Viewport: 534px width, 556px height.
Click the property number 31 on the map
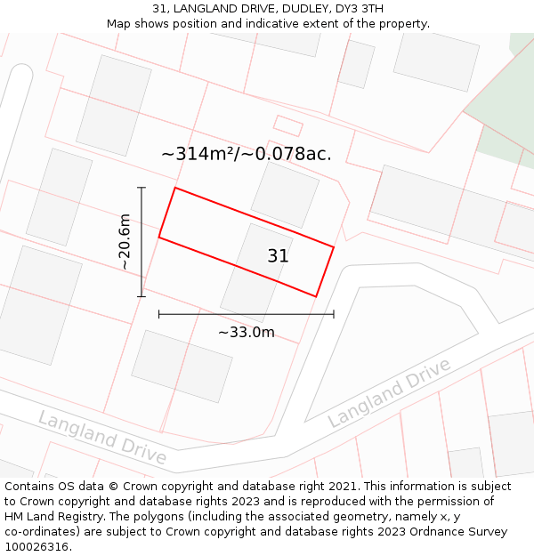pos(278,256)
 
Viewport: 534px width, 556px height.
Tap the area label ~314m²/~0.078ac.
pos(246,154)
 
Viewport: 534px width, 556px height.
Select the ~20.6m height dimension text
pos(125,242)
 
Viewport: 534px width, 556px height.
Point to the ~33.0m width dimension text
pos(247,333)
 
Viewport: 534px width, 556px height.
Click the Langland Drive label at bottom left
pos(101,437)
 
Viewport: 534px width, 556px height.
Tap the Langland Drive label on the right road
pos(390,392)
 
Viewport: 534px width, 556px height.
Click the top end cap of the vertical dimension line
pos(141,188)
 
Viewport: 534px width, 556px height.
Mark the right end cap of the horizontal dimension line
pos(334,314)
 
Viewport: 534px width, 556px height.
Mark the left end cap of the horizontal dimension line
pos(159,314)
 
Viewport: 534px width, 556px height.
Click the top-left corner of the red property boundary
pos(175,188)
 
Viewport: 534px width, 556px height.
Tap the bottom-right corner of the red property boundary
pos(316,296)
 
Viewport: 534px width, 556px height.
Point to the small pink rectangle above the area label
pos(287,125)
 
